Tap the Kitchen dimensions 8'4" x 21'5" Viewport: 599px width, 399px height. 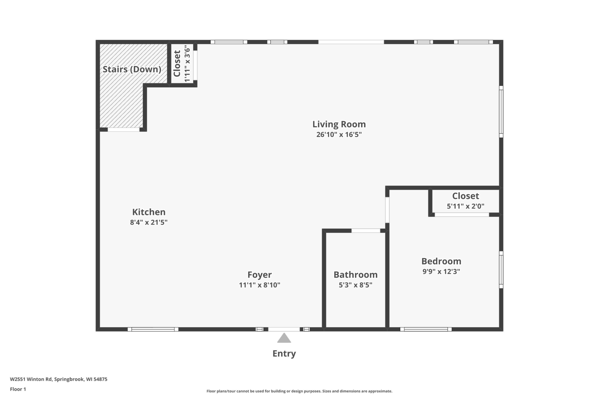point(149,222)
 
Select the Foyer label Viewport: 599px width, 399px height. point(259,275)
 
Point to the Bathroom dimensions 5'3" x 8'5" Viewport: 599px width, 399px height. point(355,285)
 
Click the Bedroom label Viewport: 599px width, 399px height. point(441,261)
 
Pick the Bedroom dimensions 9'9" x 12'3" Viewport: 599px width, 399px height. point(441,271)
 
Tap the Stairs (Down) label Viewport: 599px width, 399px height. point(132,69)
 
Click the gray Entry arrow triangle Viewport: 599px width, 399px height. point(284,338)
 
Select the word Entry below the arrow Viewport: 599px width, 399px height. point(284,354)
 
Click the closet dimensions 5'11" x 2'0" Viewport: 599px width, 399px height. point(466,206)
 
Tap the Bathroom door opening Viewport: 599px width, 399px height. point(366,231)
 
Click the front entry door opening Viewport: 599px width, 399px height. point(284,329)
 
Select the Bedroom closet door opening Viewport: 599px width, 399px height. point(462,215)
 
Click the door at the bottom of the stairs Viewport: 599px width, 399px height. point(124,130)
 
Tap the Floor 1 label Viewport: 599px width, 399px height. point(18,389)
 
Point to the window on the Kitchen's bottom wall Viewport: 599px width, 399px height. point(153,329)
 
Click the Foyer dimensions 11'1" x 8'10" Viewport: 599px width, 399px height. point(259,285)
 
